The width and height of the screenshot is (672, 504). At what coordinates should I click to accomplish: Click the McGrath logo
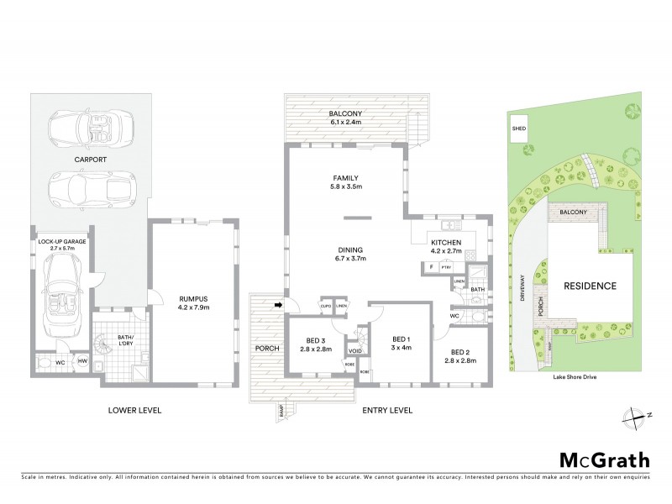[x=604, y=460]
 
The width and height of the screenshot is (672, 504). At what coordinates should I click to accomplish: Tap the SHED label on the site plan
[x=518, y=130]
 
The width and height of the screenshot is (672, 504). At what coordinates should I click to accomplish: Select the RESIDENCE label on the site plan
[x=590, y=286]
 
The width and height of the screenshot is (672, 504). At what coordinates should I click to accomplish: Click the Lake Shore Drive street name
[x=584, y=377]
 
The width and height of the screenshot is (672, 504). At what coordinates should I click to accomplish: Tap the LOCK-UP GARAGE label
[x=62, y=245]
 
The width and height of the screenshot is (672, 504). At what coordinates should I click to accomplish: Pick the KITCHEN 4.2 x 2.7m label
[x=449, y=245]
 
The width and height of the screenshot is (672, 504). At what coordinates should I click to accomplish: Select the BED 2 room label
[x=461, y=355]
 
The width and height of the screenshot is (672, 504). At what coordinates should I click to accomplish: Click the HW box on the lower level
[x=81, y=361]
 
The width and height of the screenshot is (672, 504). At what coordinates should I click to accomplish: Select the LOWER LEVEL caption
[x=134, y=411]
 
